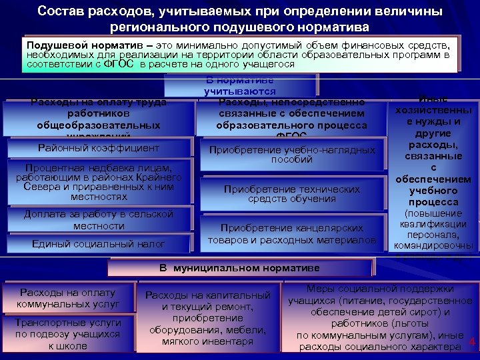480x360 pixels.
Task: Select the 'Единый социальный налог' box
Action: tap(99, 244)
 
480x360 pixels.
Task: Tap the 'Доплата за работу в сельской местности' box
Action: tap(99, 220)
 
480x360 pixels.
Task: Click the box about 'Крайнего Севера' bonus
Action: tap(99, 182)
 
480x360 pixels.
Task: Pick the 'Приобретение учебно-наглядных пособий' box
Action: tap(292, 155)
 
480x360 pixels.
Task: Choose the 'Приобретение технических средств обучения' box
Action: tap(292, 194)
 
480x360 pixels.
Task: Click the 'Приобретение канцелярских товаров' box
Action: tap(292, 233)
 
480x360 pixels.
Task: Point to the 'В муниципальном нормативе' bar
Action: tap(239, 268)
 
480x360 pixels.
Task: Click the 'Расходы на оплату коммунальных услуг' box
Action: tap(68, 298)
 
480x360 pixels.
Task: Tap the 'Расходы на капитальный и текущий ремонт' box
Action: tap(208, 318)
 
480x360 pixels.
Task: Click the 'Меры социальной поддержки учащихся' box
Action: tap(381, 317)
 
